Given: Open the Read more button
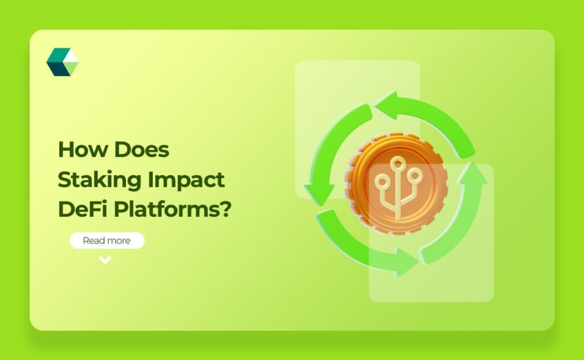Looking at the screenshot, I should pos(107,241).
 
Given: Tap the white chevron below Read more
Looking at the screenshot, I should pos(105,260).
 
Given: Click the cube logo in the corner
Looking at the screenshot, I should pos(62,62).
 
